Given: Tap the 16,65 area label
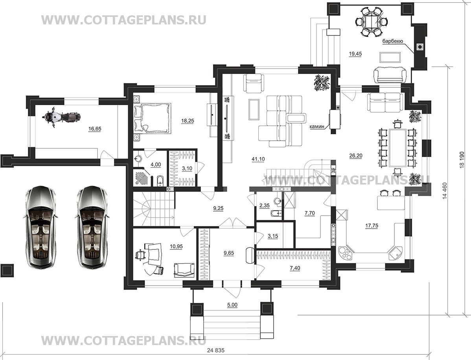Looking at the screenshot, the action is (95, 129).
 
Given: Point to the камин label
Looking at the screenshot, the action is (317, 127).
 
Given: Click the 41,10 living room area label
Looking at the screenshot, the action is (258, 159).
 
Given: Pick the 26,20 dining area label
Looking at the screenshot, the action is (356, 155).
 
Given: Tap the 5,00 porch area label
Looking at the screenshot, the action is (232, 305).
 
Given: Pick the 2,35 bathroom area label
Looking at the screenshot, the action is (264, 206).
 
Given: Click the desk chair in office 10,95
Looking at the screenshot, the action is (140, 255).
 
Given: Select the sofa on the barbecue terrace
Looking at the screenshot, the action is (390, 74).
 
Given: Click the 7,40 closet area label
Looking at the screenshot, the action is (295, 268).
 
